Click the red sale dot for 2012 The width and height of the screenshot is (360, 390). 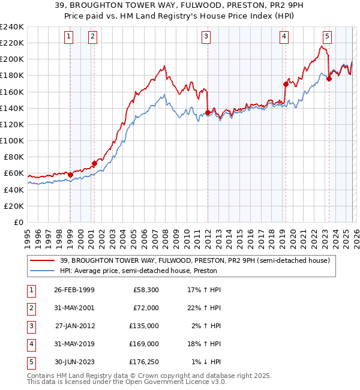[x=208, y=112]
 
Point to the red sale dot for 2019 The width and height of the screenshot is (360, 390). [x=286, y=84]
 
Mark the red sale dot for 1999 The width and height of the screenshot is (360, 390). [x=70, y=175]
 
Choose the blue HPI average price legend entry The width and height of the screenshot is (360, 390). [x=138, y=271]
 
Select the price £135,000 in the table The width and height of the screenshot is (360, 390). [x=145, y=326]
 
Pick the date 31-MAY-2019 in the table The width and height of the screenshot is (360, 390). [x=73, y=344]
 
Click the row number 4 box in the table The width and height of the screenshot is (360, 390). [x=31, y=344]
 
